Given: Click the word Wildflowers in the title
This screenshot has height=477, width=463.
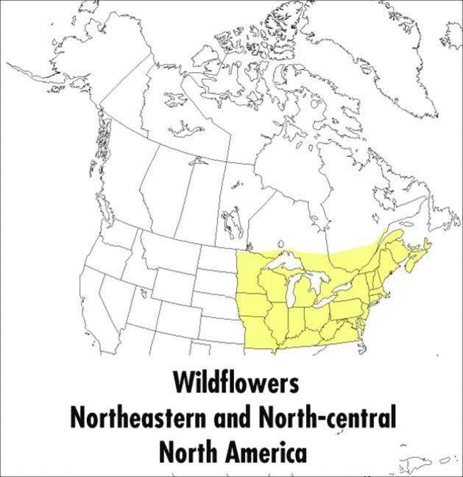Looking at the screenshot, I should pyautogui.click(x=236, y=383).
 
